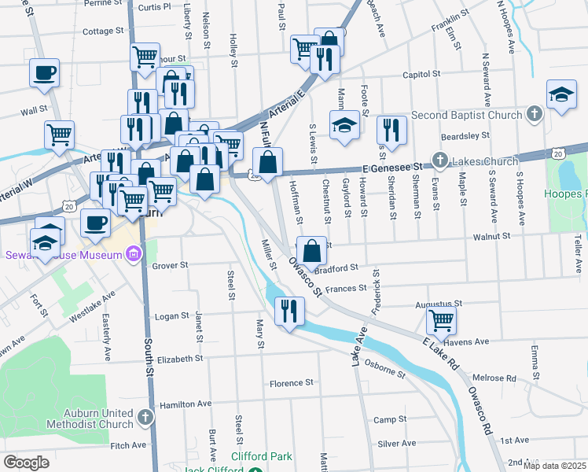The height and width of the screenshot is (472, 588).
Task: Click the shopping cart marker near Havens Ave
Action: [442, 320]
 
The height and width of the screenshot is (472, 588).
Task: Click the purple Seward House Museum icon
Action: [133, 254]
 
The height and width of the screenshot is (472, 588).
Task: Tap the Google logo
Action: [26, 463]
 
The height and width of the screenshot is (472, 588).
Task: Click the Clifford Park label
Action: [261, 456]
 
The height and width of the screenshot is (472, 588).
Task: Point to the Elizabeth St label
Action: [179, 359]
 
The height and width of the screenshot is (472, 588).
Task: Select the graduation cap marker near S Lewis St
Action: [344, 125]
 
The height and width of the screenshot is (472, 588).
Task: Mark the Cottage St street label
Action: [99, 31]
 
